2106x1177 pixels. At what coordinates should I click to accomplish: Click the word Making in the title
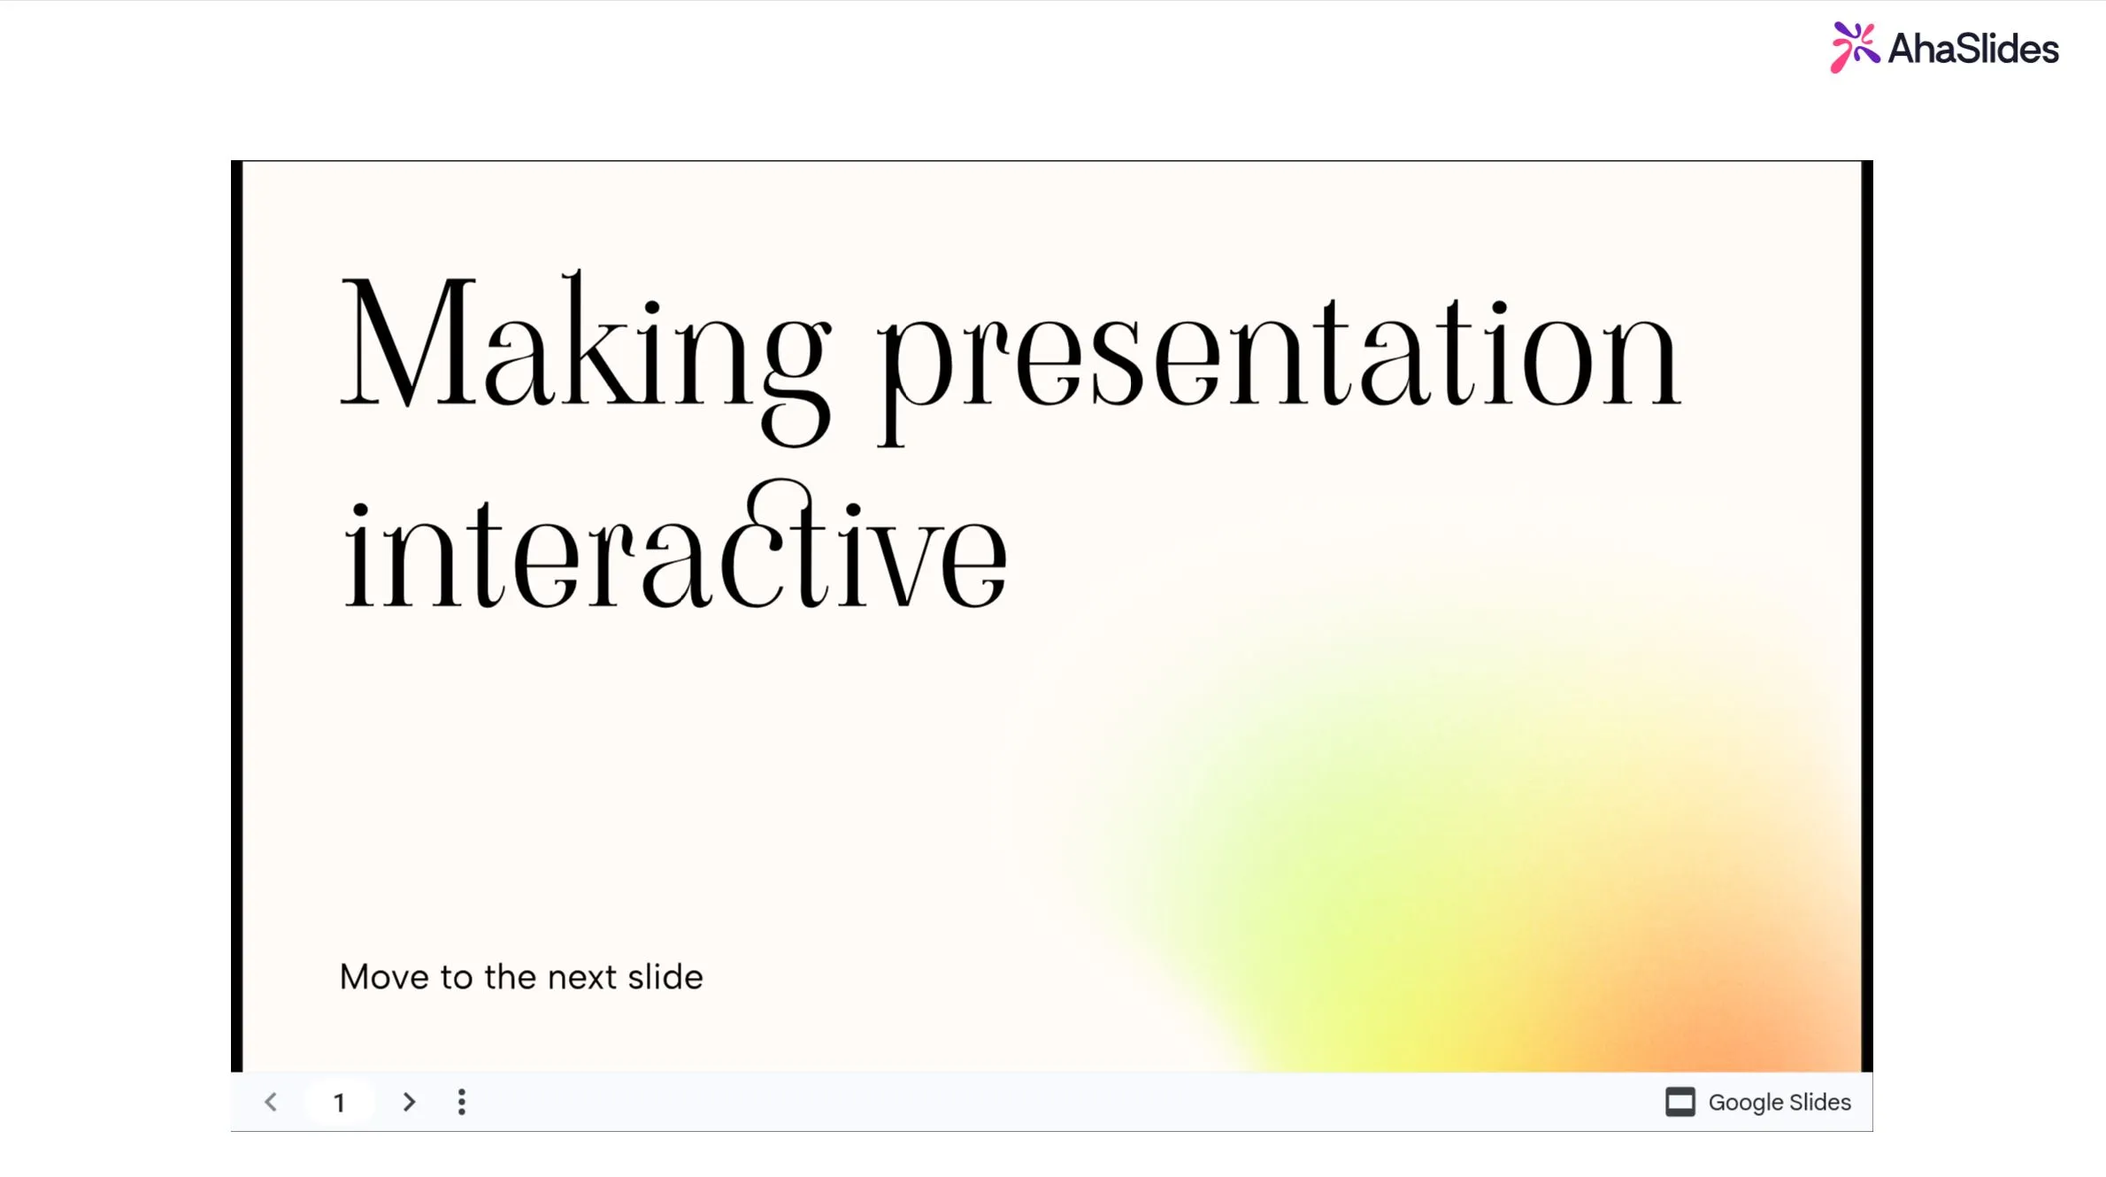tap(586, 357)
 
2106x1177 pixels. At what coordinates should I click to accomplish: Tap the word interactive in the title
tap(675, 544)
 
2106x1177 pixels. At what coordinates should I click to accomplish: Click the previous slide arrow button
tap(271, 1102)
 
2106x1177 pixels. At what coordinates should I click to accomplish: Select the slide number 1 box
tap(339, 1102)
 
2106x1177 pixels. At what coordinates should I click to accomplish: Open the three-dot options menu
tap(461, 1102)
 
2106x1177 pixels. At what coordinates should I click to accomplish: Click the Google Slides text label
tap(1779, 1102)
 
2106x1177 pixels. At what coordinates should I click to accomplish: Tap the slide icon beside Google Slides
tap(1680, 1102)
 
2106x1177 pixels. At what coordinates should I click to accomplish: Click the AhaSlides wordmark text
tap(1973, 49)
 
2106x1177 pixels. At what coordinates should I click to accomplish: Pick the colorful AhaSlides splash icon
tap(1855, 47)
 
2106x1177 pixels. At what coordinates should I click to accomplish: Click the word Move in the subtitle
tap(385, 977)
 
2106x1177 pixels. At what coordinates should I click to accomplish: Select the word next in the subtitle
tap(582, 978)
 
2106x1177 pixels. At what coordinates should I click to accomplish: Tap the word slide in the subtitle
tap(665, 977)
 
